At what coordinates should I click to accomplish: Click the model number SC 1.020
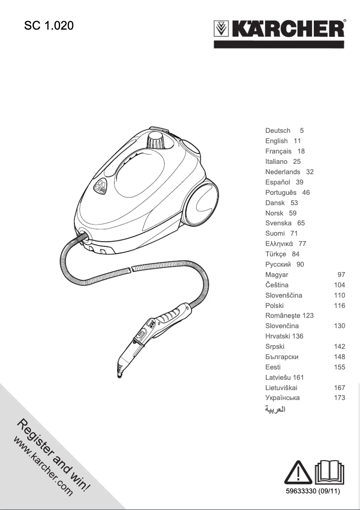pyautogui.click(x=48, y=26)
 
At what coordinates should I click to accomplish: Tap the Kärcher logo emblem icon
pyautogui.click(x=221, y=29)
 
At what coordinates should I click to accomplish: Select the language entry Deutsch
pyautogui.click(x=278, y=131)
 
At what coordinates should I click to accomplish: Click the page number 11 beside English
pyautogui.click(x=297, y=141)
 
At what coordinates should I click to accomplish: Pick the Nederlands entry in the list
pyautogui.click(x=283, y=172)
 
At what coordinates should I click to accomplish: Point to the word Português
pyautogui.click(x=281, y=193)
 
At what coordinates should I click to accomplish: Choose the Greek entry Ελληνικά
pyautogui.click(x=279, y=244)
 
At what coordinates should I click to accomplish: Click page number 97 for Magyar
pyautogui.click(x=341, y=275)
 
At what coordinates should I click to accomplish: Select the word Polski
pyautogui.click(x=274, y=306)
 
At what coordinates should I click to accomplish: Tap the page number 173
pyautogui.click(x=339, y=398)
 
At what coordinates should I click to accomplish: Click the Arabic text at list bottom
pyautogui.click(x=276, y=409)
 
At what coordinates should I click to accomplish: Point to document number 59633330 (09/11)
pyautogui.click(x=313, y=492)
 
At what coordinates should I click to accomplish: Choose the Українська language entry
pyautogui.click(x=282, y=398)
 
